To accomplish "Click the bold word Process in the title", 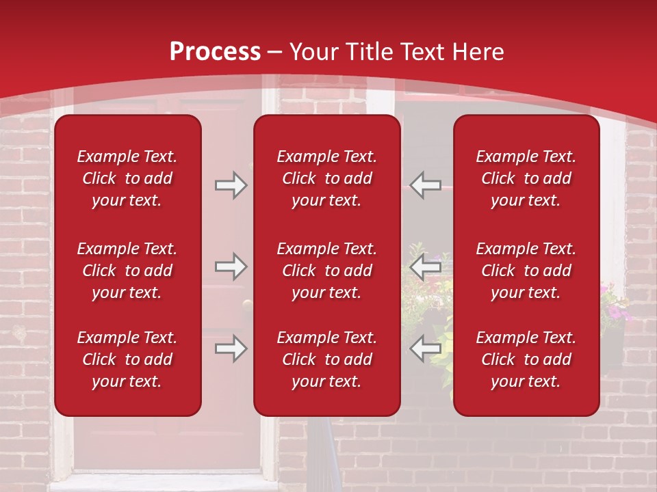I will pyautogui.click(x=215, y=52).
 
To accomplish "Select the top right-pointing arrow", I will pyautogui.click(x=231, y=185).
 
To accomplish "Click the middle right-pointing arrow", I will pyautogui.click(x=231, y=266).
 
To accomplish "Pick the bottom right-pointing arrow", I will pyautogui.click(x=231, y=348).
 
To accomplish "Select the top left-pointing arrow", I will pyautogui.click(x=426, y=185).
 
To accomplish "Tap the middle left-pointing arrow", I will pyautogui.click(x=426, y=266).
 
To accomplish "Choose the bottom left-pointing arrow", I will pyautogui.click(x=426, y=348).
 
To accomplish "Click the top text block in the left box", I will pyautogui.click(x=127, y=178).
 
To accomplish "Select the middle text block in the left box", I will pyautogui.click(x=127, y=271).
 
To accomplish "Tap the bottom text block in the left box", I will pyautogui.click(x=127, y=359).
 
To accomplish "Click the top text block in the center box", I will pyautogui.click(x=326, y=178).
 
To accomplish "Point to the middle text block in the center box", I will pyautogui.click(x=326, y=271).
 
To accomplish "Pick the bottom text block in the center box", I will pyautogui.click(x=326, y=359).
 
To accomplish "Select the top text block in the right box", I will pyautogui.click(x=526, y=178).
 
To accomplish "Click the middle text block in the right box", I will pyautogui.click(x=526, y=271).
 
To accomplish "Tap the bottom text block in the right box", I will pyautogui.click(x=526, y=359).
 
